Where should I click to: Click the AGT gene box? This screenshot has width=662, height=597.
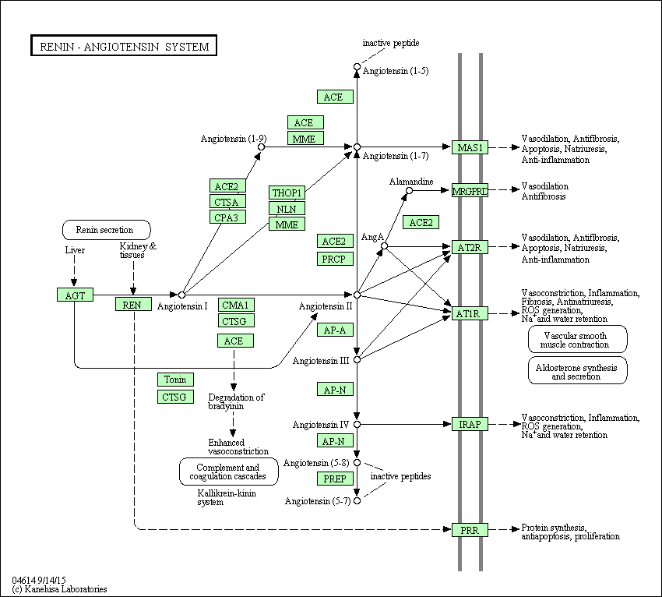click(x=75, y=295)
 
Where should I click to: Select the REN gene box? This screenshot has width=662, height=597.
click(x=133, y=304)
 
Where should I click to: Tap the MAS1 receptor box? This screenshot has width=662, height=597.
click(x=470, y=147)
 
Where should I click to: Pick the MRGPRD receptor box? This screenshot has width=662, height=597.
click(x=470, y=190)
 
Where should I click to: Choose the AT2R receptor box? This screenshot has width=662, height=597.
click(x=470, y=247)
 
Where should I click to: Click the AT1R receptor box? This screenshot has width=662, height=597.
click(x=470, y=313)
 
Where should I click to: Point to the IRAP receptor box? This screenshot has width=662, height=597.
click(x=470, y=424)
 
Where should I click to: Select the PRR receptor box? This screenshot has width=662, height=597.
click(x=470, y=530)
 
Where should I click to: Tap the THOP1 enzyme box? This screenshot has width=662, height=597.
click(x=287, y=193)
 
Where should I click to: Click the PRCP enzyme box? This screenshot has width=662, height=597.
click(x=335, y=259)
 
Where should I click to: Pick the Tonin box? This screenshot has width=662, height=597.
click(x=176, y=380)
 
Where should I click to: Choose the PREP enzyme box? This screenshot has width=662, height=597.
click(x=335, y=479)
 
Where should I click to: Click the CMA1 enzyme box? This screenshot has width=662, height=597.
click(x=237, y=305)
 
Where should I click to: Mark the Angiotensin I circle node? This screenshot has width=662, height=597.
click(x=181, y=295)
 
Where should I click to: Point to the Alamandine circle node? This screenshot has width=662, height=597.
click(x=409, y=190)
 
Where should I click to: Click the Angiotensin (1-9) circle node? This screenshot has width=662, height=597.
click(x=262, y=147)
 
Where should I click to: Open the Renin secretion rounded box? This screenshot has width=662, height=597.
click(x=107, y=230)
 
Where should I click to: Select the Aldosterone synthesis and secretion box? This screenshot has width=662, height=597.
click(x=578, y=370)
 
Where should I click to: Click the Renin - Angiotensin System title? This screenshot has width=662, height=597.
click(x=124, y=46)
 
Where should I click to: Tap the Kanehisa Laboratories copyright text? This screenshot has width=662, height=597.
click(x=59, y=589)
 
